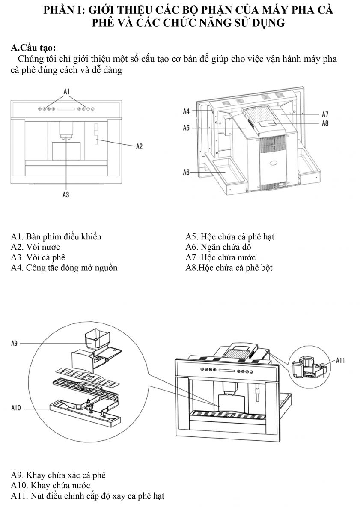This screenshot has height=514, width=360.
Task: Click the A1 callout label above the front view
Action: point(66,92)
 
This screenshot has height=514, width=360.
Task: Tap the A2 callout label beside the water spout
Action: point(139,146)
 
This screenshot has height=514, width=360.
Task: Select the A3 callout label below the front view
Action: point(66,195)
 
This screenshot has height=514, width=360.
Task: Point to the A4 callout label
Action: point(186,111)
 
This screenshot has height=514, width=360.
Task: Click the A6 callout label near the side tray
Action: point(186,172)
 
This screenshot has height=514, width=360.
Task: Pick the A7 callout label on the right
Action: point(325,114)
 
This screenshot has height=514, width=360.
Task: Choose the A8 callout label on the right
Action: point(325,123)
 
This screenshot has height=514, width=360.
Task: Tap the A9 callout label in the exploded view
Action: point(14,343)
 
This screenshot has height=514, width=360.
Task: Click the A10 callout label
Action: point(16,408)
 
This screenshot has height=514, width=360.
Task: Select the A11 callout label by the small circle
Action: point(340,361)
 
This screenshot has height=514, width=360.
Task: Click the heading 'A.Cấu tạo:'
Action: point(33,48)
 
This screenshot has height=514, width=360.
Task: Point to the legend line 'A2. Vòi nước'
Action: point(35,247)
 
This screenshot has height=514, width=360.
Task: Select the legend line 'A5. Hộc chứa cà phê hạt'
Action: point(230,236)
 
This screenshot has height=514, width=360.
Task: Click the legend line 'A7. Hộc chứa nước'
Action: point(220,257)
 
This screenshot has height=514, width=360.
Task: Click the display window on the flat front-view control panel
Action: point(66,109)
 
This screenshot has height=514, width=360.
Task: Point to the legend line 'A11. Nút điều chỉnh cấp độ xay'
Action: point(88,496)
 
